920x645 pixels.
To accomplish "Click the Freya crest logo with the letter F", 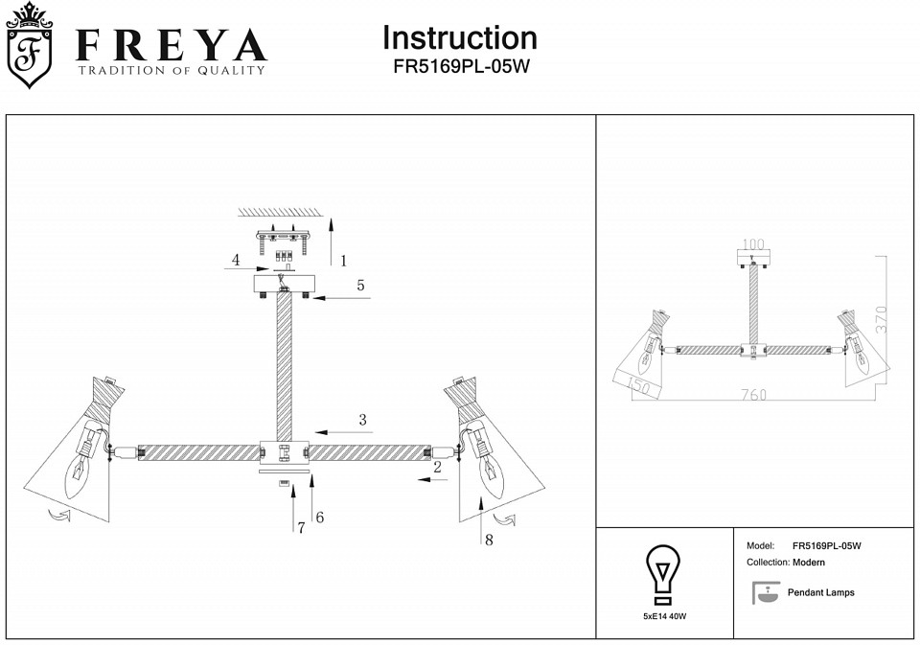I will pos(30,46).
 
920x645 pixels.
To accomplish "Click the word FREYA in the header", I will pos(171,44).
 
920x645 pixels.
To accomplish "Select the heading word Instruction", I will pos(459,37).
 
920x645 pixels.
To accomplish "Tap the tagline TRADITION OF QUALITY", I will pos(171,71).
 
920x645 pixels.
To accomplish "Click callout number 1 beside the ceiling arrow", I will pos(343,260).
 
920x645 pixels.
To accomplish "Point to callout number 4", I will pos(235,260).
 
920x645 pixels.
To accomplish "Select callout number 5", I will pos(360,285).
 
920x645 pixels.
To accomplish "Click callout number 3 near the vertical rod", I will pos(362,419).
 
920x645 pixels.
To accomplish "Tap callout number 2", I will pos(437,467).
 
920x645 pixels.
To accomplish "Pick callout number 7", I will pos(300,527).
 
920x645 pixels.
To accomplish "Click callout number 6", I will pos(319,518).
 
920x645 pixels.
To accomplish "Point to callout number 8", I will pos(489,540).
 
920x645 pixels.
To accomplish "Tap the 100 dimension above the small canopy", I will pos(754,244).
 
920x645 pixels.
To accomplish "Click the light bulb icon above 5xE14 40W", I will pos(662,572).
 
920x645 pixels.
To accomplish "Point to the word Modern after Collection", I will pos(809,563).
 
